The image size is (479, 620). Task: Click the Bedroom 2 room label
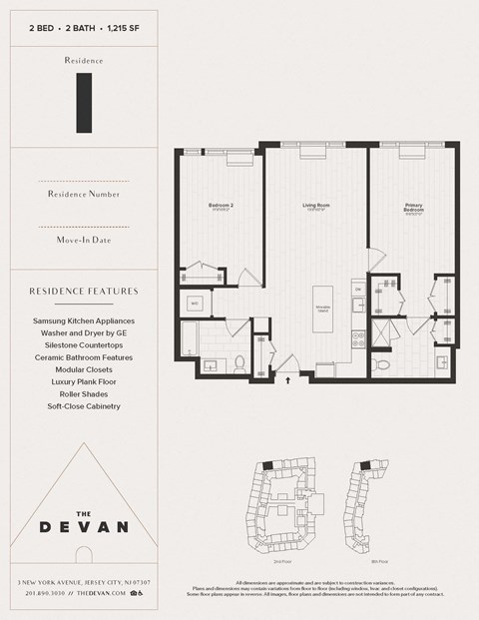pyautogui.click(x=221, y=206)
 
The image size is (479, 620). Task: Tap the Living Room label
pyautogui.click(x=316, y=206)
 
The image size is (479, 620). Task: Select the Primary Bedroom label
pyautogui.click(x=413, y=208)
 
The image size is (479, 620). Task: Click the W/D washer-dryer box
pyautogui.click(x=195, y=302)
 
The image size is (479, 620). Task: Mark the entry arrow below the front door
pyautogui.click(x=288, y=379)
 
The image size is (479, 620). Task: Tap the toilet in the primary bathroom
pyautogui.click(x=380, y=365)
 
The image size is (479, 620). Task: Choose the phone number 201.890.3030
pyautogui.click(x=45, y=593)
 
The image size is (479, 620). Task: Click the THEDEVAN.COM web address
pyautogui.click(x=101, y=593)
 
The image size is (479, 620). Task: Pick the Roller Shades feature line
pyautogui.click(x=84, y=393)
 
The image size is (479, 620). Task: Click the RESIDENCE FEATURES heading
pyautogui.click(x=84, y=292)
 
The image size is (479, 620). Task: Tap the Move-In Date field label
pyautogui.click(x=84, y=240)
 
